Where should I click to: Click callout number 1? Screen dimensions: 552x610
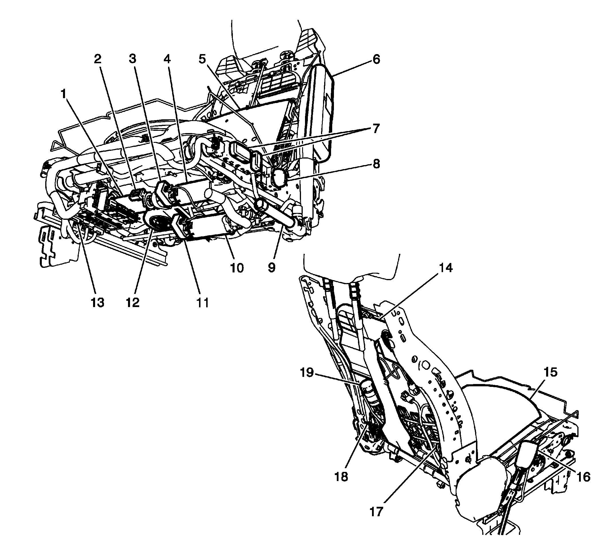tap(63, 95)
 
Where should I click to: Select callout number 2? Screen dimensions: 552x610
tap(97, 59)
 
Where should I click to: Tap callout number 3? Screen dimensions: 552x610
tap(132, 59)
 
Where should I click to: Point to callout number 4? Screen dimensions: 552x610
tap(167, 59)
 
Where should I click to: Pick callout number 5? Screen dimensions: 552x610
tap(202, 59)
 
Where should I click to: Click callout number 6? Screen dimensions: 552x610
tap(376, 59)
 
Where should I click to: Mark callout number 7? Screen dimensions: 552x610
tap(376, 129)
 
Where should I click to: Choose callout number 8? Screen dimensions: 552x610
tap(376, 164)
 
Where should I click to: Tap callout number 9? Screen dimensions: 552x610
tap(271, 267)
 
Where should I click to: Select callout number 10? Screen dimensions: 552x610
tap(237, 267)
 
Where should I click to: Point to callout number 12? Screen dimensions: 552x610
tap(133, 302)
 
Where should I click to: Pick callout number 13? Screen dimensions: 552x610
tap(97, 302)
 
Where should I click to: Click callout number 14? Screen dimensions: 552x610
tap(446, 268)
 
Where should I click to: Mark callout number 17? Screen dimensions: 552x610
tap(376, 512)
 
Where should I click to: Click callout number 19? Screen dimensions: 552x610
tap(307, 372)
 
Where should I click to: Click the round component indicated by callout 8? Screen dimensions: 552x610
tap(279, 177)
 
